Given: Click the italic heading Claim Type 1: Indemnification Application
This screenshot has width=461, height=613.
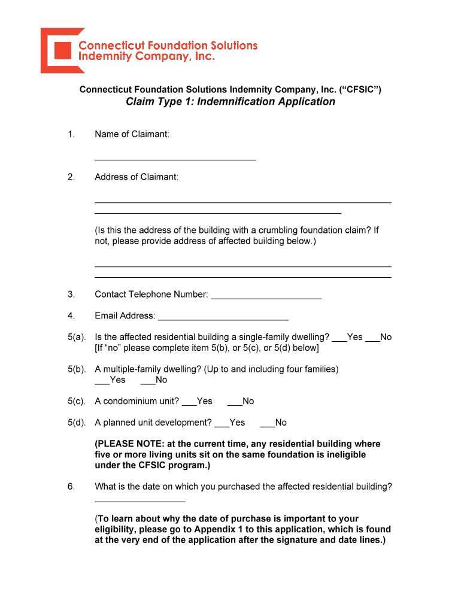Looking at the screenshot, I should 230,102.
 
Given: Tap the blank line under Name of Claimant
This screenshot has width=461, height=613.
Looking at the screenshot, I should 175,158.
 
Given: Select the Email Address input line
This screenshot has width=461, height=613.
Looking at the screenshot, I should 223,318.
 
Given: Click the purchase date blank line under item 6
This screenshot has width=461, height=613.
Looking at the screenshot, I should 139,500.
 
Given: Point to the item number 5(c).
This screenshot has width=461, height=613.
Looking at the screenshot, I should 77,401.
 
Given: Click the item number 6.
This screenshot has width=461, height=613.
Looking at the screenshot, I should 71,487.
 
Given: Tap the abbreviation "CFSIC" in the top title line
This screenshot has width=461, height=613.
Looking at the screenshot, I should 360,90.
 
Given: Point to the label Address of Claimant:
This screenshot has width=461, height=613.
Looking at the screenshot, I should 137,177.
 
